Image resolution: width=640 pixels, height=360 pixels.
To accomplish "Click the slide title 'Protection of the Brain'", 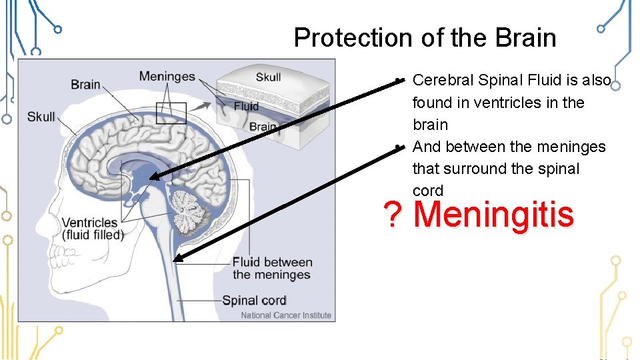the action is tap(425, 37).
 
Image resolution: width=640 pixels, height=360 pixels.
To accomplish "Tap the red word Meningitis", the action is tap(493, 215).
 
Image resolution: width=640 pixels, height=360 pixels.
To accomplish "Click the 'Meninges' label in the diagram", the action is tap(167, 75).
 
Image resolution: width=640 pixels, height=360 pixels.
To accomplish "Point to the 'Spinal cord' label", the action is tap(254, 300).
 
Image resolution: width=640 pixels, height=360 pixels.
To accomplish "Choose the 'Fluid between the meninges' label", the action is tap(271, 268).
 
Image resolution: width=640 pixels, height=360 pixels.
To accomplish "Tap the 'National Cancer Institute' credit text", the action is tap(286, 315).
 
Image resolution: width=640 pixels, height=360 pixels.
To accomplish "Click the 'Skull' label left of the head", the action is tap(41, 117).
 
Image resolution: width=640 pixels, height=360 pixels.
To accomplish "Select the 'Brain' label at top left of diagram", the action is tap(85, 84).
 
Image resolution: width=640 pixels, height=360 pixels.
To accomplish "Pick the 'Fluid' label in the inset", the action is tap(246, 106).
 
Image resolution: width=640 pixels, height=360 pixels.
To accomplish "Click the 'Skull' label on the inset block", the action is tap(269, 77).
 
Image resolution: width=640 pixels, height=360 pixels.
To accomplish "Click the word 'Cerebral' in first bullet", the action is tap(443, 81).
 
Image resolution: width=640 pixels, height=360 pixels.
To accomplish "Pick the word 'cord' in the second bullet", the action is tap(427, 191).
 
